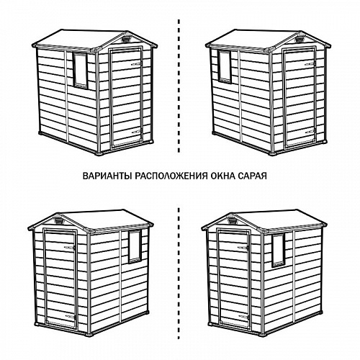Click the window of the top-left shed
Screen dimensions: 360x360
coord(80,70)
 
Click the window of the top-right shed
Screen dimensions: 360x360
coord(225,66)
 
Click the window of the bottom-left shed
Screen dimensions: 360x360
coord(135,246)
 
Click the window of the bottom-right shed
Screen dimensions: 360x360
coord(279,251)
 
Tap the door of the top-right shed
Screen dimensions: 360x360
coord(300,96)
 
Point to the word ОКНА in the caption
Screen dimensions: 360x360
coord(222,176)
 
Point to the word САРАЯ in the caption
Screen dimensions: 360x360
coord(252,176)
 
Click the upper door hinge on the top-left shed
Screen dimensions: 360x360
coord(137,64)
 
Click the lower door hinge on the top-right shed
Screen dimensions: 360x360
coord(310,132)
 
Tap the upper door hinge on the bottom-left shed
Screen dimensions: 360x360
coord(71,247)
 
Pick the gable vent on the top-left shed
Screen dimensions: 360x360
coord(127,38)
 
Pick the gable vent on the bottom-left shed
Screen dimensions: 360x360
coord(58,220)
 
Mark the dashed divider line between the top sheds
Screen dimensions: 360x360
coord(179,86)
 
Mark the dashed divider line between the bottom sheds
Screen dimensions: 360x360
coord(179,273)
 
